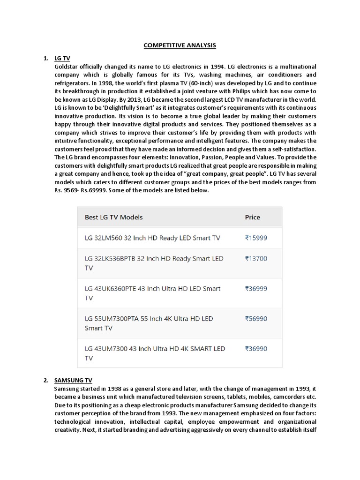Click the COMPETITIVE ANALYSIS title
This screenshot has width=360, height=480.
point(180,45)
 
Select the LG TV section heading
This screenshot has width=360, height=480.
point(62,58)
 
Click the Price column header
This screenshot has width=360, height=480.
point(252,217)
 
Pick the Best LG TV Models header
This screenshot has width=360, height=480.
point(113,217)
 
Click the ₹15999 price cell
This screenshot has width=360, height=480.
point(256,238)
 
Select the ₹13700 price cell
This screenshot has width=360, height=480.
point(256,258)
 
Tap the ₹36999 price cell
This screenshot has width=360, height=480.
point(256,288)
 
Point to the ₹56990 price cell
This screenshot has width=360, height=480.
point(256,319)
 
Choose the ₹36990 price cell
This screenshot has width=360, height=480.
point(256,349)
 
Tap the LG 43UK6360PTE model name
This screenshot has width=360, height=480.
point(112,288)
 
